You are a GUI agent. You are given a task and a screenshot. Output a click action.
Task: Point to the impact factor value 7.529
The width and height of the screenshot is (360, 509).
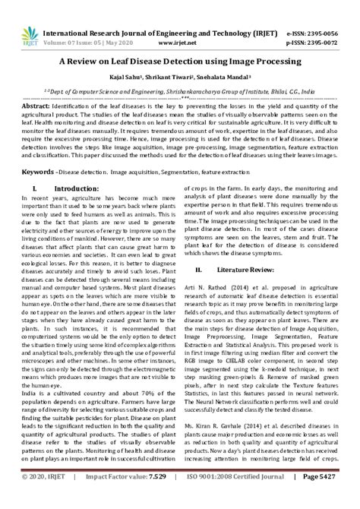[x=156, y=498]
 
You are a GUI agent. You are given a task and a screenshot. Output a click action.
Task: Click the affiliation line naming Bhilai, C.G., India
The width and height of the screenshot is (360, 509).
[x=179, y=90]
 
